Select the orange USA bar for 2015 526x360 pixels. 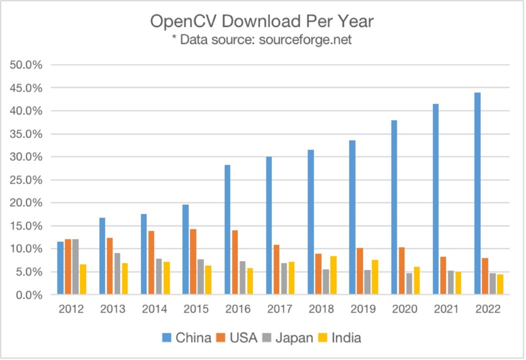tap(193, 262)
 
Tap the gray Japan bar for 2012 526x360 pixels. tap(76, 267)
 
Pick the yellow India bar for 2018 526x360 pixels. tap(333, 275)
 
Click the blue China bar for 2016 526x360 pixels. tap(228, 230)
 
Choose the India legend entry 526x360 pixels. tap(338, 337)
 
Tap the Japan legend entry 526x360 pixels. tap(290, 337)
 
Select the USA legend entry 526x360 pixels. tap(237, 337)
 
